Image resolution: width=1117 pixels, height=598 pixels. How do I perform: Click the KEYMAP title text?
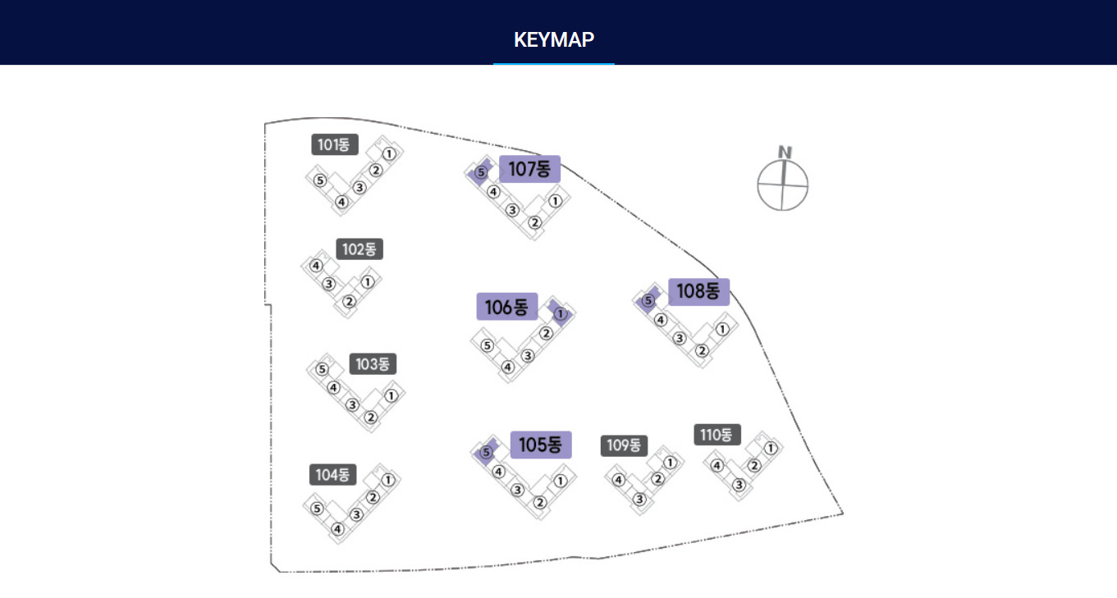[x=554, y=40]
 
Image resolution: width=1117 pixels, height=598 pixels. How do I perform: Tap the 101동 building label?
[x=335, y=144]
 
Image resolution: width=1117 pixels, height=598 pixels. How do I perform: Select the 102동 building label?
[x=359, y=249]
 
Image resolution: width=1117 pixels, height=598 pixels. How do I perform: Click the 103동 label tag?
[x=373, y=363]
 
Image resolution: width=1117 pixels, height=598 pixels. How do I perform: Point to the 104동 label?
[x=332, y=474]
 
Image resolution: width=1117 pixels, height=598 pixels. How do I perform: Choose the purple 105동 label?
[x=541, y=445]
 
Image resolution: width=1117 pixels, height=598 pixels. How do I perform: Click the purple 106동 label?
[x=506, y=307]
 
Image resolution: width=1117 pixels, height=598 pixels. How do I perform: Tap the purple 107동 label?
[x=529, y=169]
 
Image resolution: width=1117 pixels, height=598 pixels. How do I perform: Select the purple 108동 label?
[x=698, y=291]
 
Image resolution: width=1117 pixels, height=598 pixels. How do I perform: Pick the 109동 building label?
[x=624, y=445]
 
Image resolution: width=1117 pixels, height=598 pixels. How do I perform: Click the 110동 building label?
[x=717, y=435]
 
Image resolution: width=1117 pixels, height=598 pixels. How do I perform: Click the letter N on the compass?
[x=785, y=152]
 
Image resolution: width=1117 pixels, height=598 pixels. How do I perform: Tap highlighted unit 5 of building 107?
[x=481, y=172]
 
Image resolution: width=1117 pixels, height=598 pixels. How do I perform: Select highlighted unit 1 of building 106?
[x=561, y=313]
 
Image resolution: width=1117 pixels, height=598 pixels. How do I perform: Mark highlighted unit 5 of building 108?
[x=648, y=300]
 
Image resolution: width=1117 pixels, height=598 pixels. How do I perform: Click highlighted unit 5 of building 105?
[x=486, y=453]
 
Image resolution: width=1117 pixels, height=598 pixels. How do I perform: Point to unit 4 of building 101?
[x=341, y=203]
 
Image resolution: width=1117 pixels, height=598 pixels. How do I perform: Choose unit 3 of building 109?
[x=639, y=500]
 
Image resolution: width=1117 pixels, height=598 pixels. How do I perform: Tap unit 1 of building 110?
[x=771, y=449]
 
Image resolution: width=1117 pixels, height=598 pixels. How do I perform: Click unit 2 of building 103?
[x=370, y=417]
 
